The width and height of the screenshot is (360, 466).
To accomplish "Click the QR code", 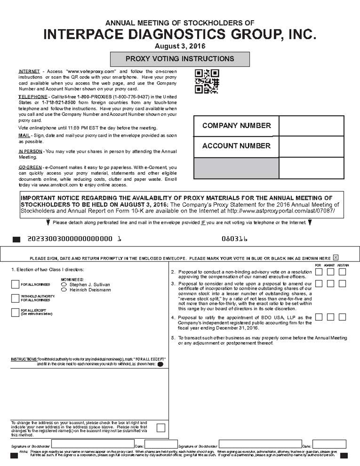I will [207, 81].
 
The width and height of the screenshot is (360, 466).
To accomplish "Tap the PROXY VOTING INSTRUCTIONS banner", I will [180, 59].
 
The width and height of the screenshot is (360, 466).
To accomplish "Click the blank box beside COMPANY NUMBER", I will [311, 126].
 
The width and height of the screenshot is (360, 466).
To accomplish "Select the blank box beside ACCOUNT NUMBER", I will [311, 146].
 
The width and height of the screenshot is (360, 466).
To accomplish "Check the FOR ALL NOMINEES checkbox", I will [15, 284].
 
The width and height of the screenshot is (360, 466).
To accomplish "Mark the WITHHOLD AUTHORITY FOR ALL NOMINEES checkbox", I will [15, 299].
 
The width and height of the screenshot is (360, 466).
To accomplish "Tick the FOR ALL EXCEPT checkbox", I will [15, 312].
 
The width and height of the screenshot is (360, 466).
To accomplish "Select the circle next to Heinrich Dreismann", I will [64, 290].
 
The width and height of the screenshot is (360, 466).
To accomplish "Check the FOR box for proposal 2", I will [319, 272].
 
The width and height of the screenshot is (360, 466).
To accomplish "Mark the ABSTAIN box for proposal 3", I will [342, 284].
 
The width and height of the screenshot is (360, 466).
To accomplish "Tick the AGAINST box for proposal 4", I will [331, 317].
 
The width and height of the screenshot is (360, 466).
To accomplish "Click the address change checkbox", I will [161, 427].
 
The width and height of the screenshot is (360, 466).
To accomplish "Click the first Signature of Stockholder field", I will [92, 444].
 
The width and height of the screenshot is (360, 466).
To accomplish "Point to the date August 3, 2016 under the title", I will [180, 46].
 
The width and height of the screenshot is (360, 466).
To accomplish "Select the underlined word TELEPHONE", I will [33, 97].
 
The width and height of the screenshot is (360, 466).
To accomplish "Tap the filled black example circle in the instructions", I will [160, 364].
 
